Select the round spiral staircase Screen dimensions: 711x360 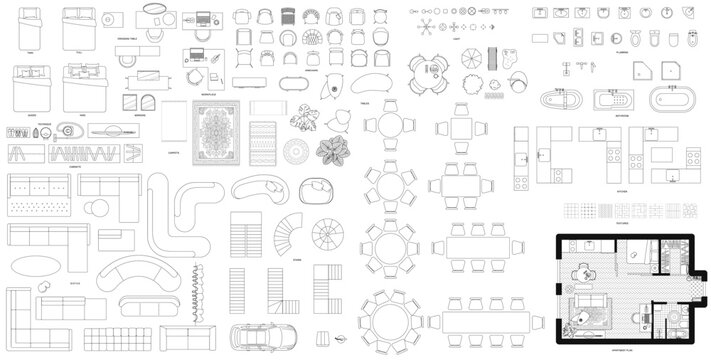click(329, 237)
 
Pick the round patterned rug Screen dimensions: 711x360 click(297, 153)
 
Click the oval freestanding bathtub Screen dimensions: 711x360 click(668, 100)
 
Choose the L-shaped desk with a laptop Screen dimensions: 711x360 click(200, 66)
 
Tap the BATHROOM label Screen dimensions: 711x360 click(593, 116)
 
